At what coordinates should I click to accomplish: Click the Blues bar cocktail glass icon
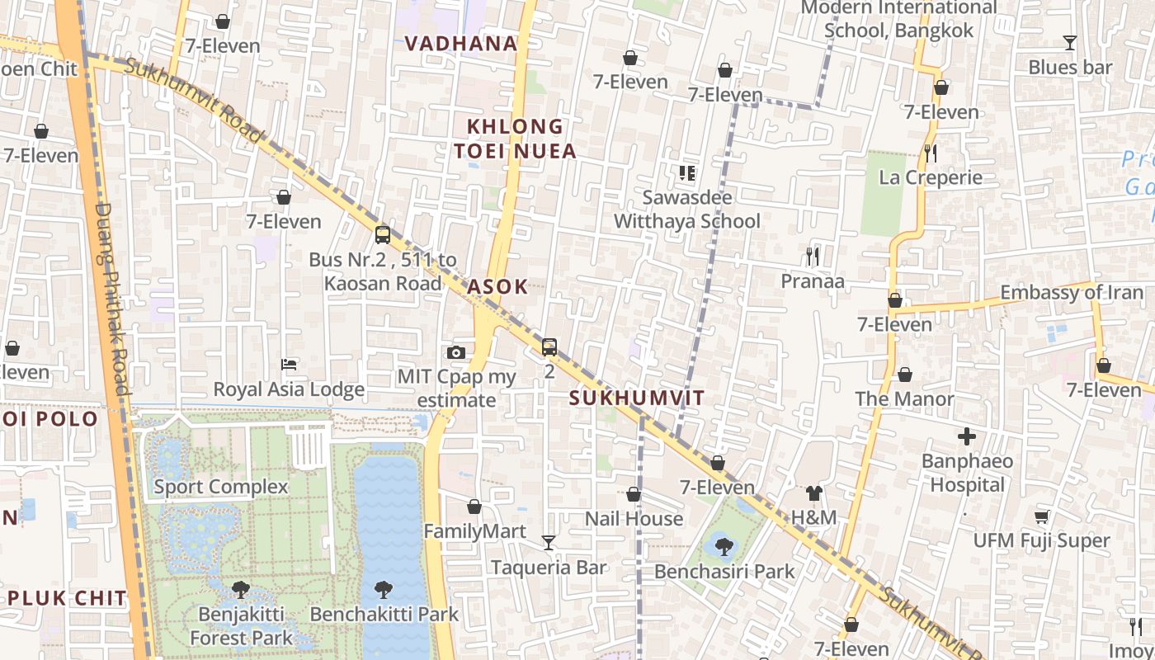(1070, 42)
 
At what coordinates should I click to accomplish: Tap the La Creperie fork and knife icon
(931, 153)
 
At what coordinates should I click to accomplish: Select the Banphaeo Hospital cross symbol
(967, 436)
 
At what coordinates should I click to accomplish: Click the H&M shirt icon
(813, 493)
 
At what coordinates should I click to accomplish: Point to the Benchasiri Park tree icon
(724, 546)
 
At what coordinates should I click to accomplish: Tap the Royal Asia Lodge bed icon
(289, 364)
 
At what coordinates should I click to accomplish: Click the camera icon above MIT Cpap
(456, 352)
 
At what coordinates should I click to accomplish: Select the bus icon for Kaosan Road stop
(383, 234)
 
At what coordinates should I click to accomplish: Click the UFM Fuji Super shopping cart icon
(1042, 516)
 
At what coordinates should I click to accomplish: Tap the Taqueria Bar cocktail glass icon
(549, 542)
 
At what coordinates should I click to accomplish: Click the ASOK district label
(497, 287)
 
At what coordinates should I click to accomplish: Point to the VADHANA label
(461, 44)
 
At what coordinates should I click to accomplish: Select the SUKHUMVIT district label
(637, 398)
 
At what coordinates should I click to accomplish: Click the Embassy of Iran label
(1072, 292)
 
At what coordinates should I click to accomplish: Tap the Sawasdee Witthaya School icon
(687, 172)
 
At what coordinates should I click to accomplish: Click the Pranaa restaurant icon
(813, 257)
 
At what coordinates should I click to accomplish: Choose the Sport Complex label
(221, 486)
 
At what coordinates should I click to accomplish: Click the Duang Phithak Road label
(112, 297)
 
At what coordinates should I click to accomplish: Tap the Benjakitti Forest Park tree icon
(241, 589)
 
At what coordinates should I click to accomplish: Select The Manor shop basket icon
(905, 375)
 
